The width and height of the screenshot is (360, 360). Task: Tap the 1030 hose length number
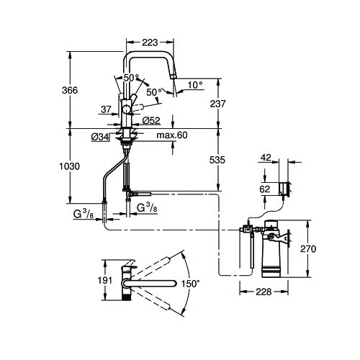point(70,166)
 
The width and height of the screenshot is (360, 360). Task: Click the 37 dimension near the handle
point(107,109)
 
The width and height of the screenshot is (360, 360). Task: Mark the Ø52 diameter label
point(150,120)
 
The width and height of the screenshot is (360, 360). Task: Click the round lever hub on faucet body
point(127,109)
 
